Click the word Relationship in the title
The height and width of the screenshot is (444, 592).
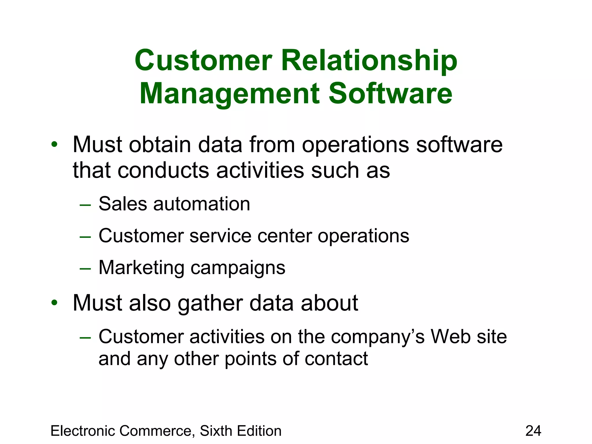coord(369,61)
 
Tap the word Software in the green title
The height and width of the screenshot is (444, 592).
coord(391,94)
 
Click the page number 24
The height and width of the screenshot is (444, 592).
coord(533,431)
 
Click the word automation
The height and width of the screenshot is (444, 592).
coord(201,204)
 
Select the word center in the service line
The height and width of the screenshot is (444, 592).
coord(284,236)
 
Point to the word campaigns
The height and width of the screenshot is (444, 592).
coord(238,268)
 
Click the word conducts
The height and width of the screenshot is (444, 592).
coord(163,170)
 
